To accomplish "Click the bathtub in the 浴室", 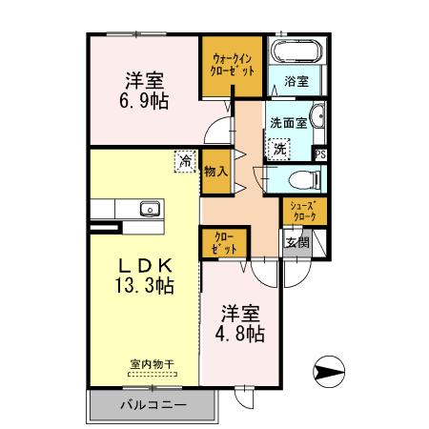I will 297,53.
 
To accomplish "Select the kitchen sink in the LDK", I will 148,209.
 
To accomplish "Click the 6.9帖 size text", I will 145,98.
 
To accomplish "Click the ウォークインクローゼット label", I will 229,64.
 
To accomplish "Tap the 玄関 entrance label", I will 296,242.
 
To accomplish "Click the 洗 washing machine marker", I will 279,148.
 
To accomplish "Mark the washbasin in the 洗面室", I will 319,118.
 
